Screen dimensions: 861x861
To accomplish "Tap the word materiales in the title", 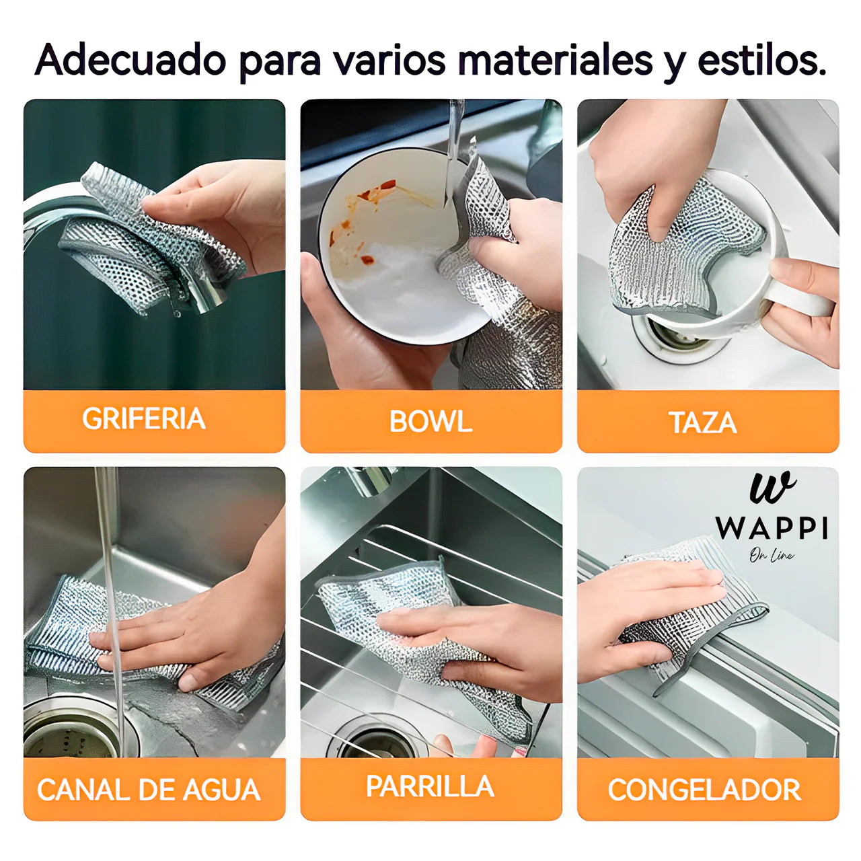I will click(555, 61).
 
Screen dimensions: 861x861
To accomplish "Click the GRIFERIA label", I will click(144, 419).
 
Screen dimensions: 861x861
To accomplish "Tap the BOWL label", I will click(430, 422).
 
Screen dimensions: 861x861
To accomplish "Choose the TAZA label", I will click(703, 422).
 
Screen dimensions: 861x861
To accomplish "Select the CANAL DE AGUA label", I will click(149, 790).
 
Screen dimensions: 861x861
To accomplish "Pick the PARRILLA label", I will click(430, 786).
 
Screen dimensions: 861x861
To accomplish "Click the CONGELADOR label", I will click(704, 790).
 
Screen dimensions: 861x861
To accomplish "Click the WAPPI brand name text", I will click(772, 529).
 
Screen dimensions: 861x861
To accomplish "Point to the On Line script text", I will click(772, 556).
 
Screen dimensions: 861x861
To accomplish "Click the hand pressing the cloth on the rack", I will click(471, 639).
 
